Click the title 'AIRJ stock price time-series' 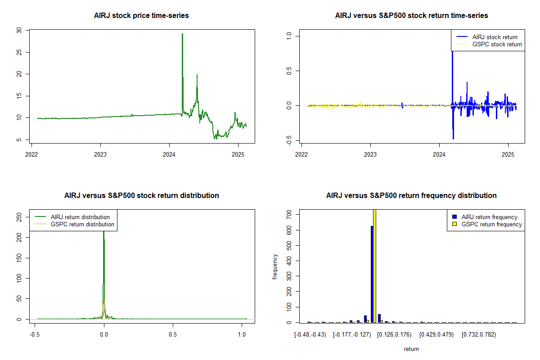point(141,16)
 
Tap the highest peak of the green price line point(183,34)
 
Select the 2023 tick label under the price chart point(100,154)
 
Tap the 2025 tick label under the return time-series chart point(508,154)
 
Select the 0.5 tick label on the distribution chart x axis point(173,334)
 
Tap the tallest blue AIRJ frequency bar point(372,274)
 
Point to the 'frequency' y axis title point(275,267)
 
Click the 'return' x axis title point(411,349)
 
